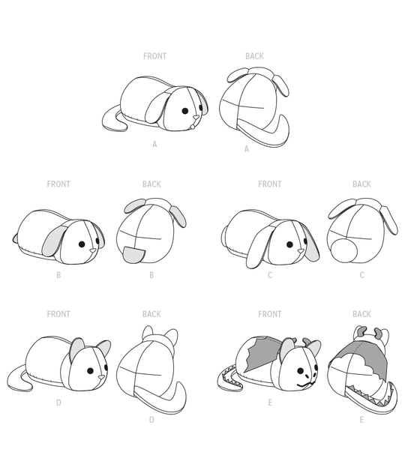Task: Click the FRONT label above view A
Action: tap(154, 56)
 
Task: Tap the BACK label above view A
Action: tap(254, 56)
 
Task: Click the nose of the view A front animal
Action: tap(196, 117)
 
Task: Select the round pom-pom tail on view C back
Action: tap(344, 250)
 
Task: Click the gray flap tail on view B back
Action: tap(134, 255)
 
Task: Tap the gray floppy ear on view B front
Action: tap(55, 241)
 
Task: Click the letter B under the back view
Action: tap(151, 275)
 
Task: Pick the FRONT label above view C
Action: tap(270, 184)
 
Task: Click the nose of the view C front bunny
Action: tap(301, 251)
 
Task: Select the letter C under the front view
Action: tap(270, 275)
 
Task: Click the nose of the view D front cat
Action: tap(101, 377)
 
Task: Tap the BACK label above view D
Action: tap(151, 314)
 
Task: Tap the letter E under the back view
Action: tap(361, 420)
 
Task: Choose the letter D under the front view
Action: tap(58, 403)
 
